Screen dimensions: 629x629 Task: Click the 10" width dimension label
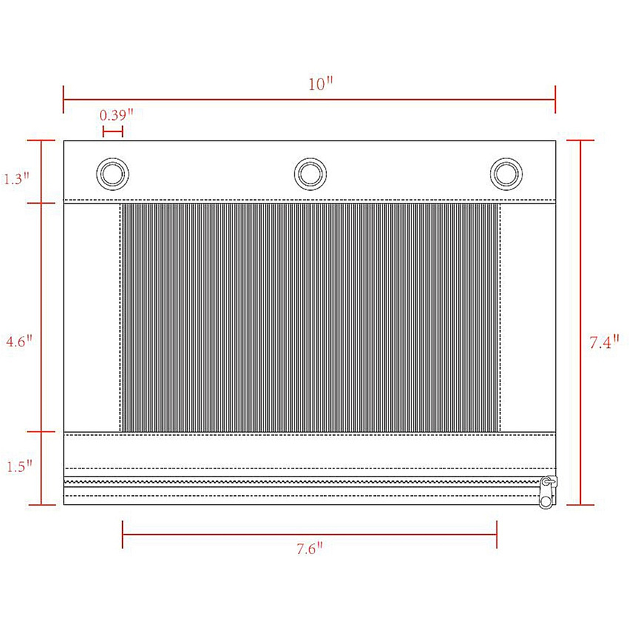pyautogui.click(x=320, y=84)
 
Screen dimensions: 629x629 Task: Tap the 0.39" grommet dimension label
pyautogui.click(x=116, y=115)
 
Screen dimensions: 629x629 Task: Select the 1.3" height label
pyautogui.click(x=16, y=178)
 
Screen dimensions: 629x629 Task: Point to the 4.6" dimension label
pyautogui.click(x=18, y=341)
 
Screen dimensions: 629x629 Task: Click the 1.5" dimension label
pyautogui.click(x=19, y=466)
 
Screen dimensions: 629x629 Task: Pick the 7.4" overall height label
pyautogui.click(x=604, y=342)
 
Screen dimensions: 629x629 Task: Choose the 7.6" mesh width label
pyautogui.click(x=309, y=548)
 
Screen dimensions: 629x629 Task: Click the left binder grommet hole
pyautogui.click(x=112, y=174)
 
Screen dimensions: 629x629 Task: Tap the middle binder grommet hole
pyautogui.click(x=311, y=174)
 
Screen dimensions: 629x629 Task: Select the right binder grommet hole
pyautogui.click(x=506, y=174)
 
